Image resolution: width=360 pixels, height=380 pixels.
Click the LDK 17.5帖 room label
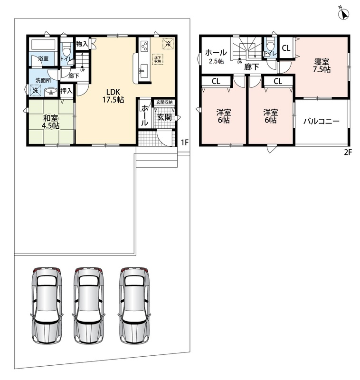[x=113, y=95]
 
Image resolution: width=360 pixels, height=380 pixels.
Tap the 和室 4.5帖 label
[x=51, y=122]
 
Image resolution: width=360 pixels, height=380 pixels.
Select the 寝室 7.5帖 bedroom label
[x=322, y=66]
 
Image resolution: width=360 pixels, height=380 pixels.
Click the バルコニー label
[x=321, y=121]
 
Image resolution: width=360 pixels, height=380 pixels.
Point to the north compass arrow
[x=343, y=14]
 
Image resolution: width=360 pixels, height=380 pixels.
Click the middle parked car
[x=89, y=305]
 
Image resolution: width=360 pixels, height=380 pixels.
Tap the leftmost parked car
[x=47, y=305]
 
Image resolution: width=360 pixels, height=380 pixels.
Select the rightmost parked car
[x=134, y=305]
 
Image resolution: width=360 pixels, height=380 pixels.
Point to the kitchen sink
[x=143, y=71]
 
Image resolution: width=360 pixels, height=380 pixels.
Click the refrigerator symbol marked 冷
[x=168, y=44]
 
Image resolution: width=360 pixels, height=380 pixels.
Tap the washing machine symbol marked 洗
[x=35, y=91]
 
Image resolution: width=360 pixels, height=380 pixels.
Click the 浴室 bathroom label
[x=43, y=58]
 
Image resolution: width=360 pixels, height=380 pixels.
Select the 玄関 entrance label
[x=164, y=117]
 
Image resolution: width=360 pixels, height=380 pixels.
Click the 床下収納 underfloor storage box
[x=158, y=59]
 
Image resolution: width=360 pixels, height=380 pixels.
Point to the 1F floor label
[x=185, y=142]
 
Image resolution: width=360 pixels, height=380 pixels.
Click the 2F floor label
[x=348, y=152]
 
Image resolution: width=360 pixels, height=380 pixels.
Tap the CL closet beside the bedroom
[x=286, y=48]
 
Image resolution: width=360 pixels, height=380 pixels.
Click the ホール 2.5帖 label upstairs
[x=216, y=57]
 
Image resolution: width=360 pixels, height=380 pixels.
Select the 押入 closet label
[x=66, y=91]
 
